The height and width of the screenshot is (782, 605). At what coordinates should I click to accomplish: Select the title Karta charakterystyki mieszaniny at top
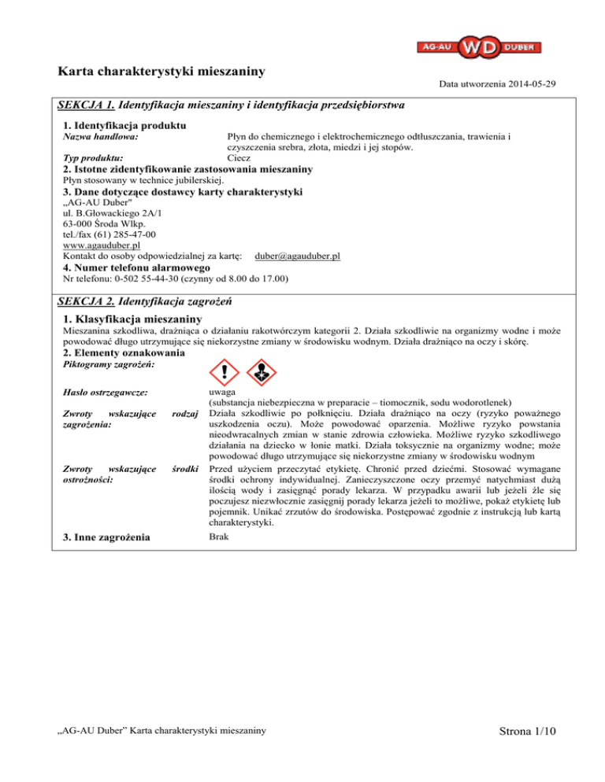[161, 71]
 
